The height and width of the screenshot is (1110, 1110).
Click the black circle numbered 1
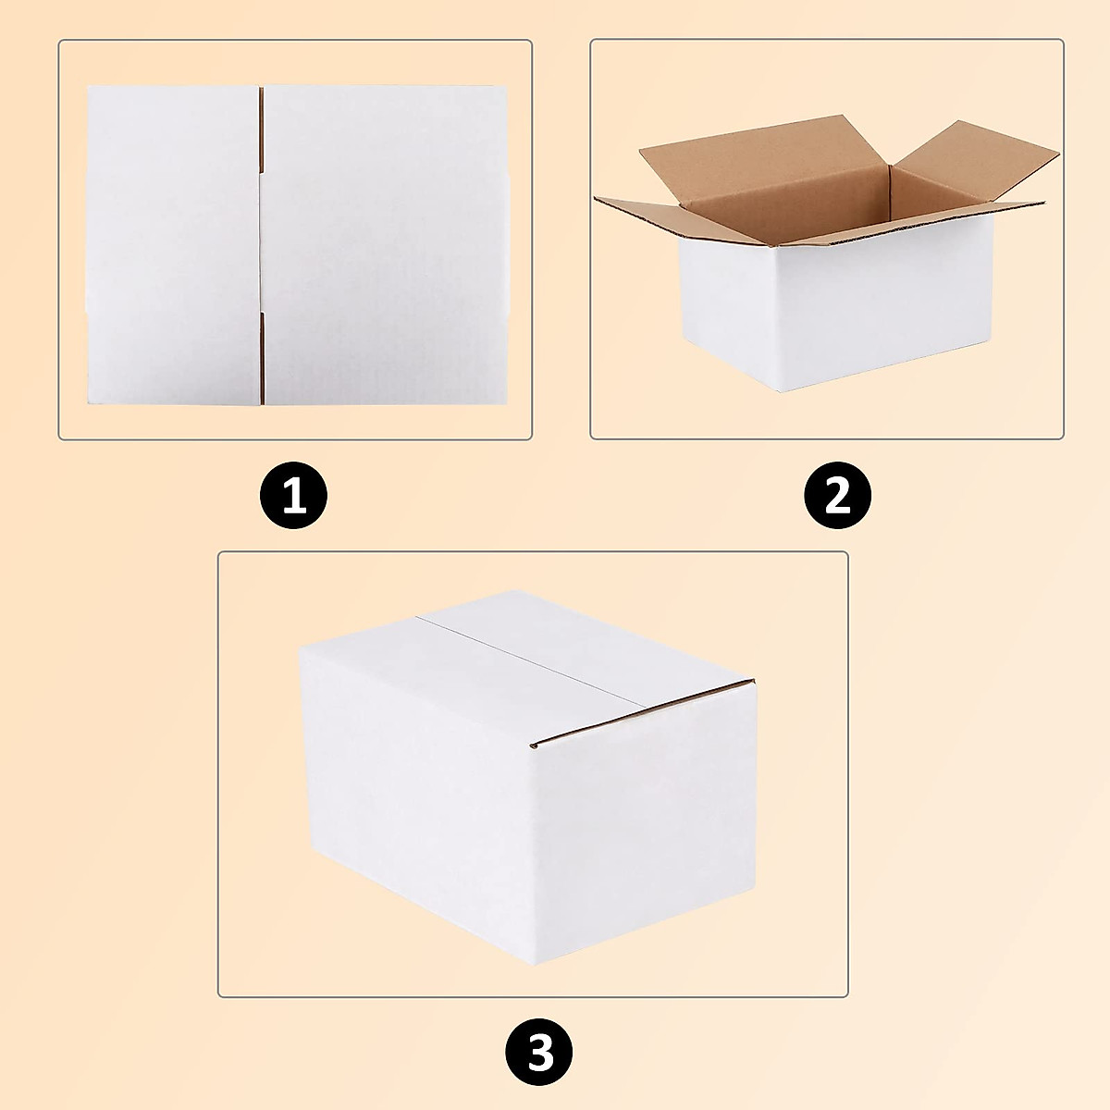[x=293, y=498]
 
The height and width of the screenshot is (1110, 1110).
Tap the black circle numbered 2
[x=837, y=498]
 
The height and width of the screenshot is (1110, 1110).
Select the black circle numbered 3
[x=539, y=1053]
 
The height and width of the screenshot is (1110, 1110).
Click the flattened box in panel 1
[x=298, y=245]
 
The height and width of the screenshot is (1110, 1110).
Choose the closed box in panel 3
[x=527, y=777]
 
